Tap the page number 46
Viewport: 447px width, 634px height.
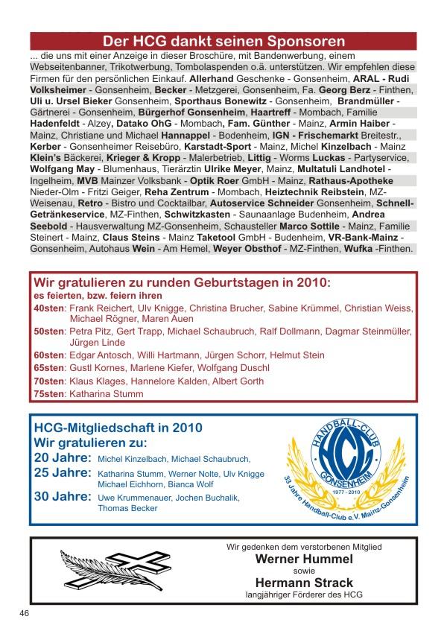tap(25, 612)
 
